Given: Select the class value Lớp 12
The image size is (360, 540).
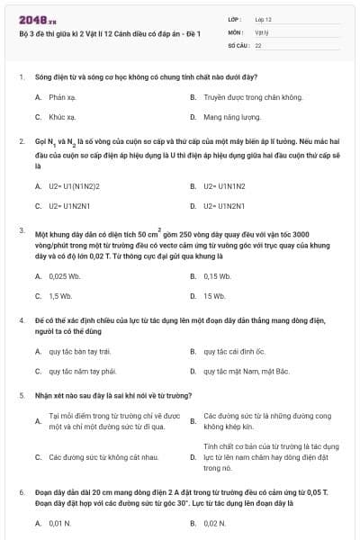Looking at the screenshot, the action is [x=263, y=18].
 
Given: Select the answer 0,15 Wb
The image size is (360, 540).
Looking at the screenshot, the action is [x=218, y=276].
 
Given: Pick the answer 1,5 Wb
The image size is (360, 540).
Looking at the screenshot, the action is [x=60, y=296].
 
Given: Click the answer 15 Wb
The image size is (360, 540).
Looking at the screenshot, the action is [x=214, y=296].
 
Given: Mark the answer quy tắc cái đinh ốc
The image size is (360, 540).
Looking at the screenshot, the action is [x=234, y=351].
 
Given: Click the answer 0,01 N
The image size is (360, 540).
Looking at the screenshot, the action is [x=60, y=523].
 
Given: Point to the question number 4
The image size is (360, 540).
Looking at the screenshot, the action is [x=21, y=320].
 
